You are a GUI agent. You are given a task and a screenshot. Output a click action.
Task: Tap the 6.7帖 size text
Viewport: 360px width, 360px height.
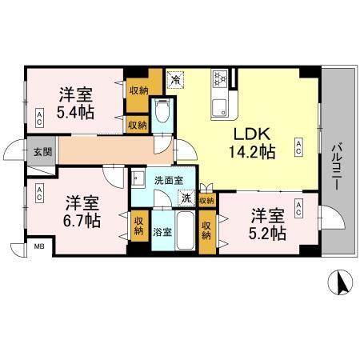(x=82, y=218)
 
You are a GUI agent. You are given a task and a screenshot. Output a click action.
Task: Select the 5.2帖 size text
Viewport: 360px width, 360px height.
(x=266, y=233)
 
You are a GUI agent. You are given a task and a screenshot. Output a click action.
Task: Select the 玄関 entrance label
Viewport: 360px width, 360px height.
(x=41, y=152)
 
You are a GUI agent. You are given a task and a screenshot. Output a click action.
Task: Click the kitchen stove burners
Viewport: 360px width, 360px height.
(x=220, y=79)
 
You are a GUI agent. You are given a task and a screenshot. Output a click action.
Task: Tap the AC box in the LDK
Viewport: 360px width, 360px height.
(x=298, y=146)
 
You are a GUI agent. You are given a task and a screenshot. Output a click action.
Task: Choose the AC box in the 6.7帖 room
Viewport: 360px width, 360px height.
(x=38, y=193)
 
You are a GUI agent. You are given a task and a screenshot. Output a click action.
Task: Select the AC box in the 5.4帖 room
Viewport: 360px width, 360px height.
(x=39, y=118)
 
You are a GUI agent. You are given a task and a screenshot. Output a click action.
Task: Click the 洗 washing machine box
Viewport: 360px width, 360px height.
(x=186, y=198)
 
